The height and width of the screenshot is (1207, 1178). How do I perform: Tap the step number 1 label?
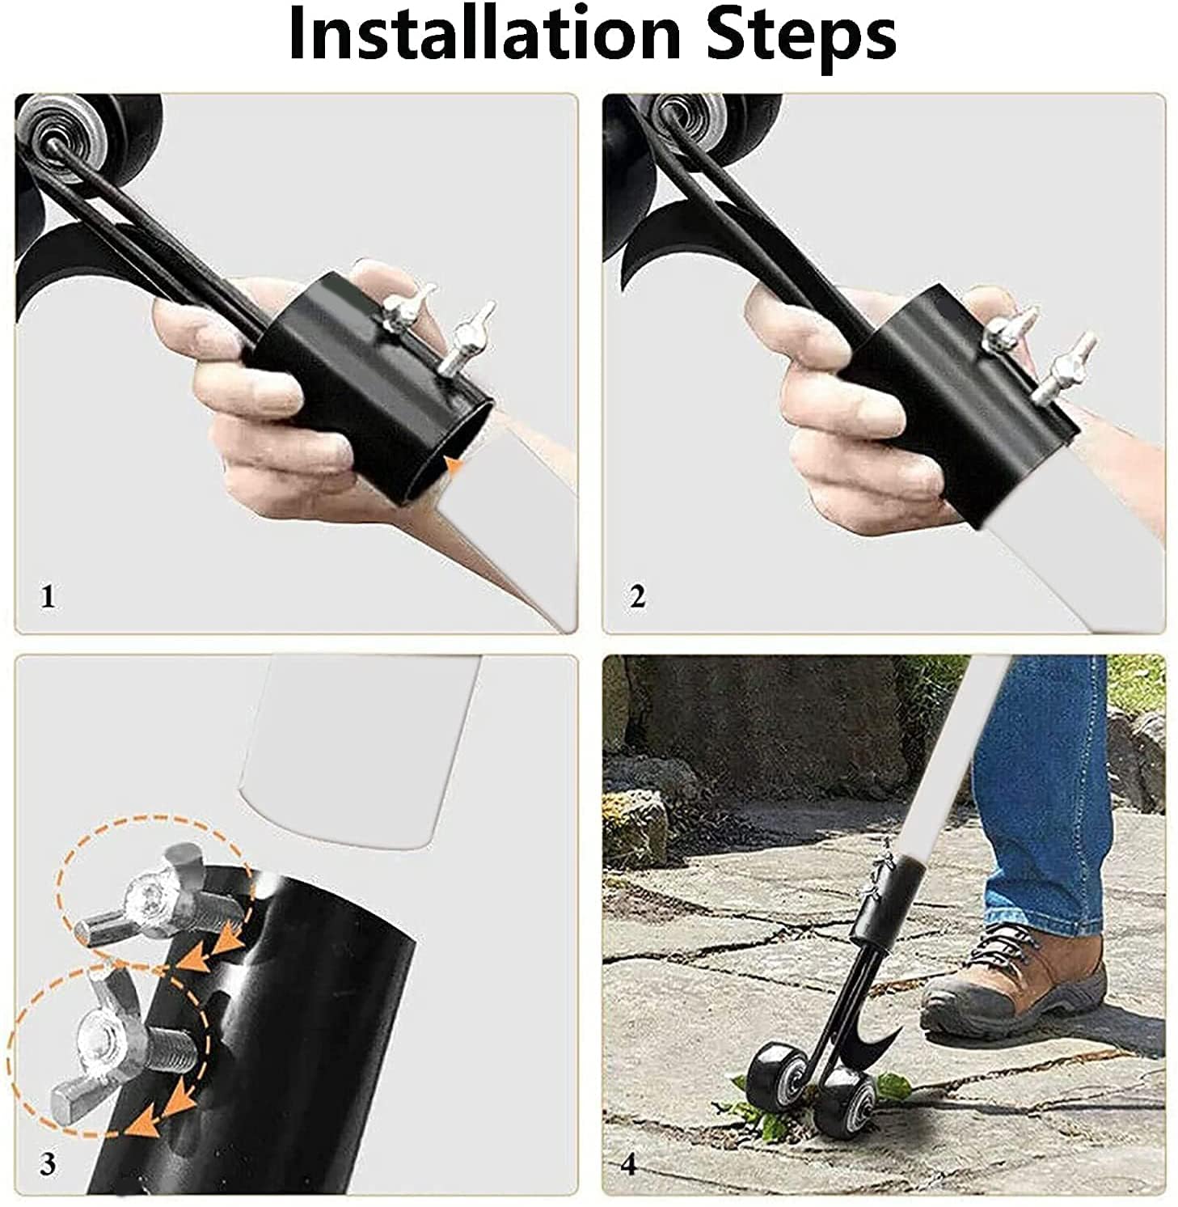[x=49, y=598]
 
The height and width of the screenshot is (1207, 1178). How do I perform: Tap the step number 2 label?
[x=637, y=598]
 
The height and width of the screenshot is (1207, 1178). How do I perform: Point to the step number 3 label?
[x=49, y=1164]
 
